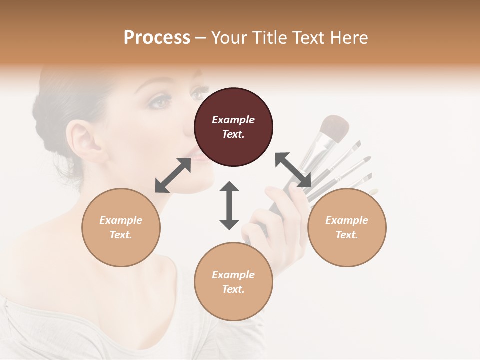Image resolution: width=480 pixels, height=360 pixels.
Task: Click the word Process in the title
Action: click(157, 38)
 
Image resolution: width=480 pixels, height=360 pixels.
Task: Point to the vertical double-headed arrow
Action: click(229, 205)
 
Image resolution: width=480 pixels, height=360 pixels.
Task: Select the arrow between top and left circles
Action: click(173, 175)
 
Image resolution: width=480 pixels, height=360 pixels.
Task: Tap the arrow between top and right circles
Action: click(293, 170)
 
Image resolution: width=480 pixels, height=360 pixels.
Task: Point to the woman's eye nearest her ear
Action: click(160, 102)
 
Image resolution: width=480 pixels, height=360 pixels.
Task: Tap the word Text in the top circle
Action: click(233, 134)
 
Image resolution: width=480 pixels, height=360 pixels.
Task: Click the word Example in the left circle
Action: click(121, 220)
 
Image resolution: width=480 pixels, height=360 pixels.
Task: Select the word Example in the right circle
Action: click(347, 220)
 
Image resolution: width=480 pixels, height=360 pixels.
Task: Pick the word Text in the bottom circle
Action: click(233, 289)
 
